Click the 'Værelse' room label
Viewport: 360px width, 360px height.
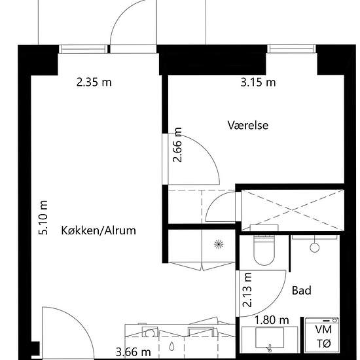pos(248,124)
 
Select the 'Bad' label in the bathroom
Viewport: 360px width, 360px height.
pos(301,290)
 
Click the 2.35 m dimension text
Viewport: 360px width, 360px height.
pos(94,82)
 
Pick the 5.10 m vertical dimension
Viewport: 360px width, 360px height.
pos(44,218)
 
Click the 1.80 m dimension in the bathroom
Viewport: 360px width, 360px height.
pos(272,320)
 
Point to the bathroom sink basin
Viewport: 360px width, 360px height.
pos(270,338)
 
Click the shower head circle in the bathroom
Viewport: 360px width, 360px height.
pos(315,248)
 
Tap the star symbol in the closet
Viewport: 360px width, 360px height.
pos(218,244)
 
